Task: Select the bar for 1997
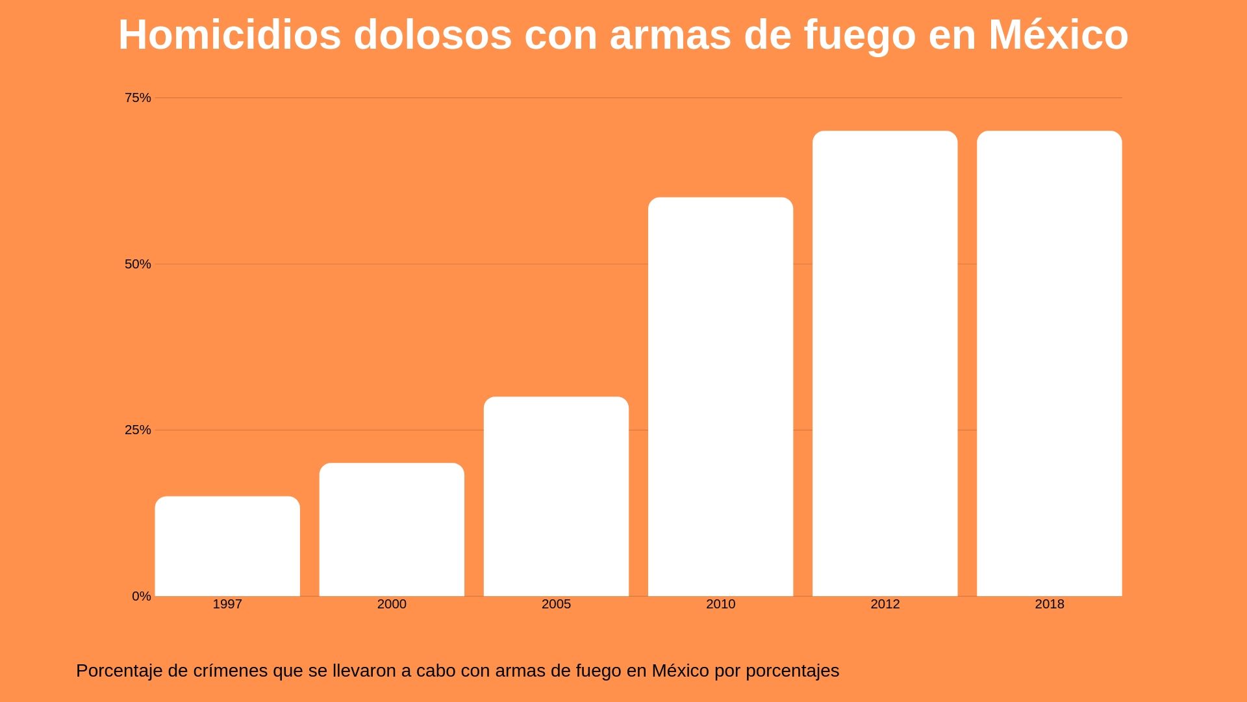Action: (227, 546)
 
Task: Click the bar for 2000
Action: (392, 530)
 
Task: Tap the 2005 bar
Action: (556, 497)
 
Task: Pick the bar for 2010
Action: (720, 396)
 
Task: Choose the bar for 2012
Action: (885, 363)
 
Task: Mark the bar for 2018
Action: (1049, 363)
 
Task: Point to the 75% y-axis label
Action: (138, 98)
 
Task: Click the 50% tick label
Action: (138, 265)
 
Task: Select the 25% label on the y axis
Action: (138, 430)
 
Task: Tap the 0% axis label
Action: (141, 597)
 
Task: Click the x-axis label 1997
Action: (227, 604)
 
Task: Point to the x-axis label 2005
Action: (556, 604)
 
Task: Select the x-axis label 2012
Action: (885, 604)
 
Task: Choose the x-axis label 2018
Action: (1049, 604)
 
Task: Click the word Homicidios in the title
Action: (229, 35)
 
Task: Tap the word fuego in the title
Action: (859, 35)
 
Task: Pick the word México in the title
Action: (1058, 35)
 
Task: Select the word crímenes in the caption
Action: (231, 671)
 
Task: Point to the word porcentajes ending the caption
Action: (792, 671)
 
